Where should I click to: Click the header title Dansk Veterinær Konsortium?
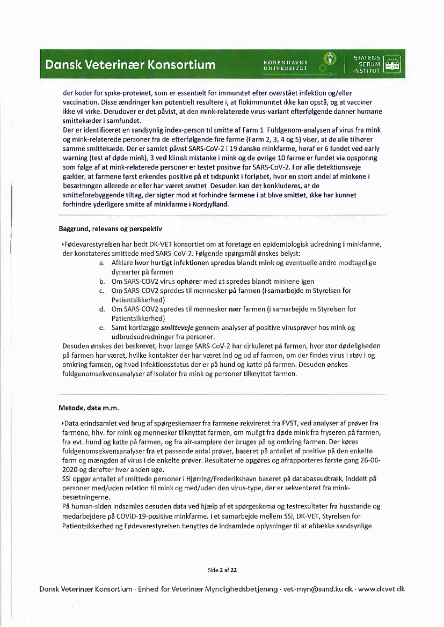pos(130,65)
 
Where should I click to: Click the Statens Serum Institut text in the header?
pos(367,64)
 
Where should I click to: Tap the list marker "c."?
pos(101,291)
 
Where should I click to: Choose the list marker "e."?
pos(101,327)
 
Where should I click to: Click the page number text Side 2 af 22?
pos(222,570)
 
